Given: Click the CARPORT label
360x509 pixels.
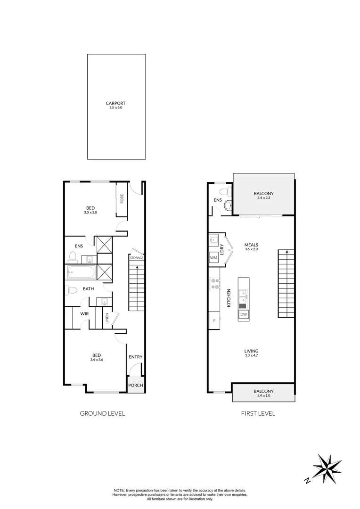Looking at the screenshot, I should coord(115,103).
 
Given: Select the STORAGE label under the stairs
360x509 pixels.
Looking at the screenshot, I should coord(137,258).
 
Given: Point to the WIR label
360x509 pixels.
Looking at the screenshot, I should coord(85,313).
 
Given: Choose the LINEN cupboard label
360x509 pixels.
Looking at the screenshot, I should coord(107,319).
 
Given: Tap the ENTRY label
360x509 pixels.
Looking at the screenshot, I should coord(135,357).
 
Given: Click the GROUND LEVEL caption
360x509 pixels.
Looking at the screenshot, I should coord(102,413).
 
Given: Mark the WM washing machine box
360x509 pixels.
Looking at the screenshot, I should coord(213,258).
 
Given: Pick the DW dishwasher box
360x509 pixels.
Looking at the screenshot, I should coord(244,314).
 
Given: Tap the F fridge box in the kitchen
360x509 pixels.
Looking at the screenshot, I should coord(213,320).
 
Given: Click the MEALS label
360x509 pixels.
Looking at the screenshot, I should coord(251,245).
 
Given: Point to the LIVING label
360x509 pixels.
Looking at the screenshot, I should coord(251,351).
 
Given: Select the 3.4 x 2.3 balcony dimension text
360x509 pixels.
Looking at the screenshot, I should coord(263,198).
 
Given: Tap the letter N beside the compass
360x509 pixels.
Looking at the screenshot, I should coord(307,481).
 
